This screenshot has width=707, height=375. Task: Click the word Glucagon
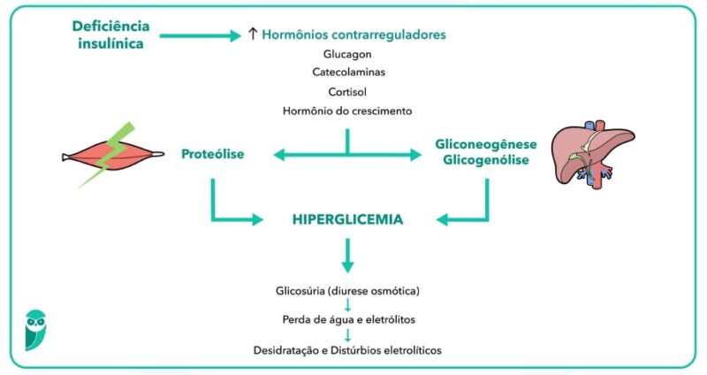(347, 54)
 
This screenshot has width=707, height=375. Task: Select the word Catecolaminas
(347, 73)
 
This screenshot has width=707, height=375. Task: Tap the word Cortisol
(347, 91)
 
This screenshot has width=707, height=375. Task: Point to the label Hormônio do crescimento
(347, 111)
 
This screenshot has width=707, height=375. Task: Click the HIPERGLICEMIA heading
(347, 218)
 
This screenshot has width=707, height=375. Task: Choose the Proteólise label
(212, 154)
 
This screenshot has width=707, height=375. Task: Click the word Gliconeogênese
(485, 143)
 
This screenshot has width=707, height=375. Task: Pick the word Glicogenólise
(485, 160)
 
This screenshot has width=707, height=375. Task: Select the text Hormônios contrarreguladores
(353, 35)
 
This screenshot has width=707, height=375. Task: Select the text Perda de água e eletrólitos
(347, 319)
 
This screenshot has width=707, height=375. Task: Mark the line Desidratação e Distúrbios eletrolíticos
(347, 349)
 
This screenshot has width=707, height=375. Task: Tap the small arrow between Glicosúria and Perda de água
(347, 305)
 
